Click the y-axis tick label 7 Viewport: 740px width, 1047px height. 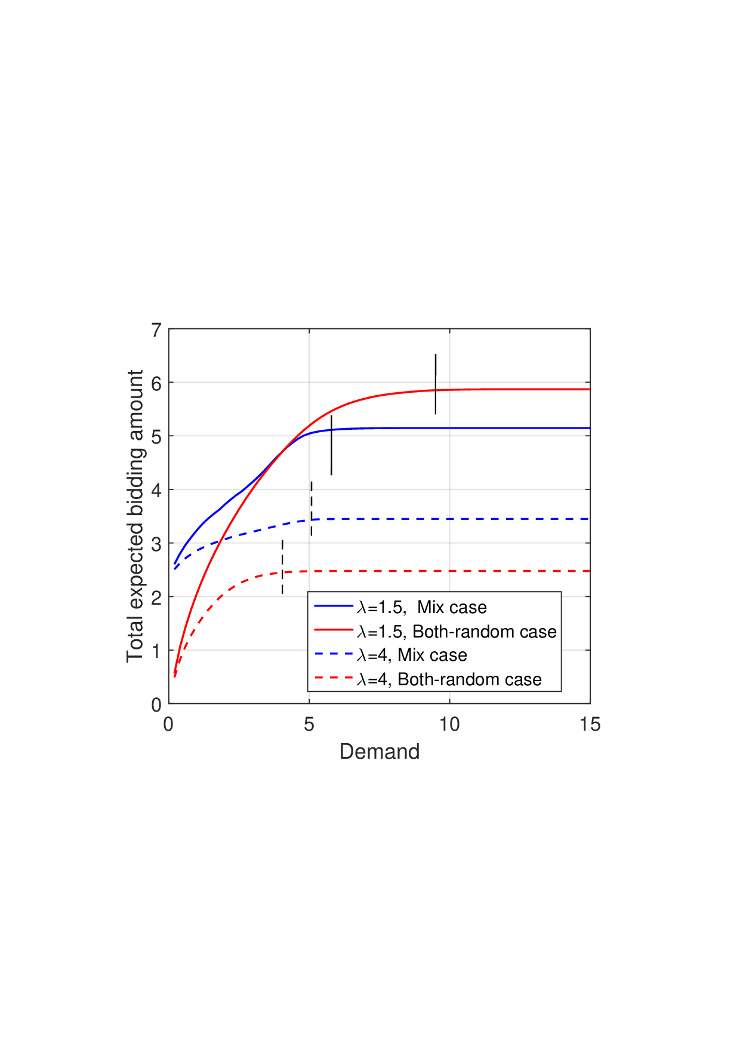pos(156,330)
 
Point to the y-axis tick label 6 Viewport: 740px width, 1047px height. pos(156,383)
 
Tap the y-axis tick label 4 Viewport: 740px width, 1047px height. pos(156,491)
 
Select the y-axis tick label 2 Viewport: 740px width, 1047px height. pos(156,598)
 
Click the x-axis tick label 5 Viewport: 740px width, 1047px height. pos(309,725)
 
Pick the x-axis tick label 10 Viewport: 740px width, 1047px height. pos(449,725)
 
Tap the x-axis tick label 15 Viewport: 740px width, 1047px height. pos(590,725)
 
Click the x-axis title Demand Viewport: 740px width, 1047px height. pos(380,750)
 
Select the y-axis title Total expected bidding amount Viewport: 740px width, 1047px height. pos(135,516)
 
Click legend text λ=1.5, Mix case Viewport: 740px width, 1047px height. pos(422,607)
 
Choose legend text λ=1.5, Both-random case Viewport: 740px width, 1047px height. pos(457,632)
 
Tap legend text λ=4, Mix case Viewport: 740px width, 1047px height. pos(412,655)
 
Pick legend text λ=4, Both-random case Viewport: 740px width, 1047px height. pos(449,679)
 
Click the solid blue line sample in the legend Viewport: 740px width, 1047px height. pos(334,606)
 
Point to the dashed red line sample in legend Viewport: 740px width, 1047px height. pos(334,678)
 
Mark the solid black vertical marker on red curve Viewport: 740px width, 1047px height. pos(436,384)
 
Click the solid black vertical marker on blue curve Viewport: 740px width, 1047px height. pos(331,445)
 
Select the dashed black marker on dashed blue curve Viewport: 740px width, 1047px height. pos(311,508)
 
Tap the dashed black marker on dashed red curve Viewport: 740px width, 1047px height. pos(282,566)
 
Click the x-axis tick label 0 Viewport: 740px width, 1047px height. pos(169,725)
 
